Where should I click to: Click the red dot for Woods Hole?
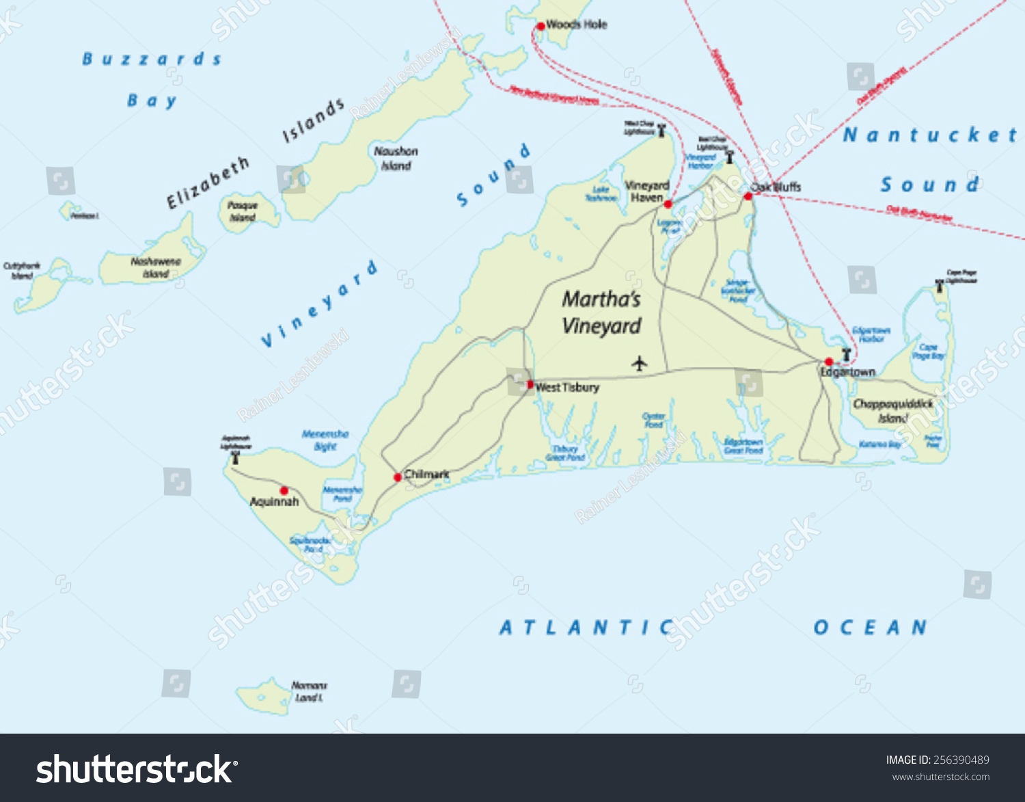point(541,26)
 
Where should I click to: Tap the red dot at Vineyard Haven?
point(668,204)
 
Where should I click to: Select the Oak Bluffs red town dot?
point(748,196)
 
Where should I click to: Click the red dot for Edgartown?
point(828,362)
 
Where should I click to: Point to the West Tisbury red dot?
point(530,385)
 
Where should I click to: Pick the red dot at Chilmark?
point(397,477)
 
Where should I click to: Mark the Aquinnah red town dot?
point(284,490)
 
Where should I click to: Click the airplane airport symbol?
point(639,363)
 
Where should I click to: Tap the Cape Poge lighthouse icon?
point(940,287)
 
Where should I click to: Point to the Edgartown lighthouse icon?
point(846,354)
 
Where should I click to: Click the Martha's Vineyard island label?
point(601,312)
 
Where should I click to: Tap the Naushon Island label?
point(396,159)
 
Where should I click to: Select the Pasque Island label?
point(243,211)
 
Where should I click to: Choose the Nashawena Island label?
point(156,267)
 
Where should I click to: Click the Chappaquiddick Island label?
point(892,411)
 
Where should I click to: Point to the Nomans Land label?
point(309,691)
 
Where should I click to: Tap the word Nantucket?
point(930,135)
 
